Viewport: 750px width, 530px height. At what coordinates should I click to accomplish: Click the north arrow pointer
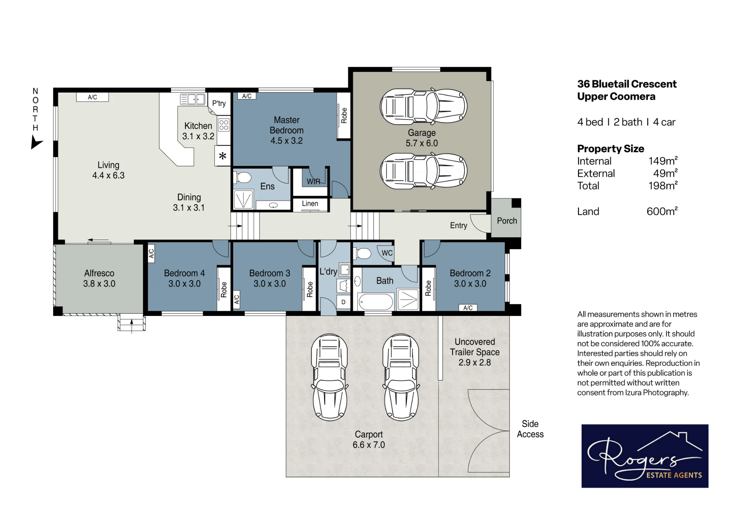(36, 142)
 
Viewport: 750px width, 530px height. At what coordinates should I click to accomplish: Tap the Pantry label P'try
(219, 103)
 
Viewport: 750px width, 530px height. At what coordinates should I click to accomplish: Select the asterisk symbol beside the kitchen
(223, 156)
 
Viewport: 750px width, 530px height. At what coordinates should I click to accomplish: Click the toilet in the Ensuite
(243, 177)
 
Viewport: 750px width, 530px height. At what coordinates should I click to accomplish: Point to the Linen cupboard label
(310, 204)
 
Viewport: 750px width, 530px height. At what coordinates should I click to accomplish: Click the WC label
(387, 253)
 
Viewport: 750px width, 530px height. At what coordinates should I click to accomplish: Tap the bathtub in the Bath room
(376, 302)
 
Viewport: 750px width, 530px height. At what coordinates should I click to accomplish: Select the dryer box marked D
(343, 302)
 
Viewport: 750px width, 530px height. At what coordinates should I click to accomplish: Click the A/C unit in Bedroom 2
(468, 308)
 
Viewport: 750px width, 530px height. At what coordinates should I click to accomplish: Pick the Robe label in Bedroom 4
(224, 290)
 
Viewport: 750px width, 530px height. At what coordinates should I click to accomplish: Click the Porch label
(507, 221)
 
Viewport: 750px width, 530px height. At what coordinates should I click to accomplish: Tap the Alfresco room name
(99, 273)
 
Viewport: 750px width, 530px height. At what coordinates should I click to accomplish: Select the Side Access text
(530, 429)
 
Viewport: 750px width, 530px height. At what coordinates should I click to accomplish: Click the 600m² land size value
(662, 211)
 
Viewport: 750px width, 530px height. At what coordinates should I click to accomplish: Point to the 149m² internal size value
(663, 161)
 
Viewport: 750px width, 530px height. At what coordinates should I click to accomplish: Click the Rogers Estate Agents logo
(645, 456)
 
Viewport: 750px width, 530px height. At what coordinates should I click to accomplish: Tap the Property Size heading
(610, 149)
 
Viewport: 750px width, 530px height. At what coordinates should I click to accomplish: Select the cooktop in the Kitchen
(224, 125)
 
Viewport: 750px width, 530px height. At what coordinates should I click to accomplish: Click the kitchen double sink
(192, 99)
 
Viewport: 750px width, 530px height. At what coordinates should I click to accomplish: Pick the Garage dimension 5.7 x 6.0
(422, 143)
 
